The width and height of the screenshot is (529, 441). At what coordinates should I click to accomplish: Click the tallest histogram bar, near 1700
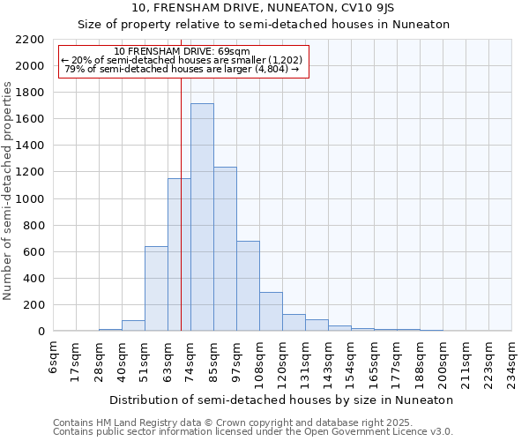click(x=202, y=217)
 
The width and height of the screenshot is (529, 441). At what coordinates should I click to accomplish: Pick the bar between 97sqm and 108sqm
click(x=248, y=286)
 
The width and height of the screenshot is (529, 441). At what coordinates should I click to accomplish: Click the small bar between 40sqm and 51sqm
click(x=133, y=325)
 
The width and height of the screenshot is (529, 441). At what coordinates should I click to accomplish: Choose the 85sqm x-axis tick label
click(x=214, y=359)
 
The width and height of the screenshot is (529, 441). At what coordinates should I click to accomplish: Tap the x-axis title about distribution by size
click(x=281, y=400)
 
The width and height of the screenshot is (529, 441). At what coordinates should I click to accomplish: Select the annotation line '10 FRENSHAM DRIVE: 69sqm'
click(x=183, y=51)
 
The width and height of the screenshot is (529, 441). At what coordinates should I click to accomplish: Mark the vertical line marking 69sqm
click(x=181, y=220)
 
